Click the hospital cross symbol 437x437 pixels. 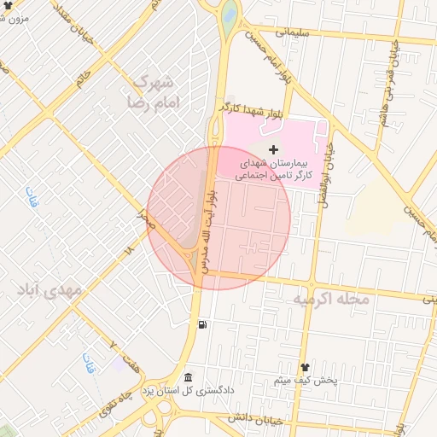point(273,150)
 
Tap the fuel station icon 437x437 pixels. point(202,324)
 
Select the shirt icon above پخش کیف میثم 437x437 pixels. point(306,366)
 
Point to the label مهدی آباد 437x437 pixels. point(51,290)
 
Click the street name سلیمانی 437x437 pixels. point(294,32)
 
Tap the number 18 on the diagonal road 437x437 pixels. point(129,251)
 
